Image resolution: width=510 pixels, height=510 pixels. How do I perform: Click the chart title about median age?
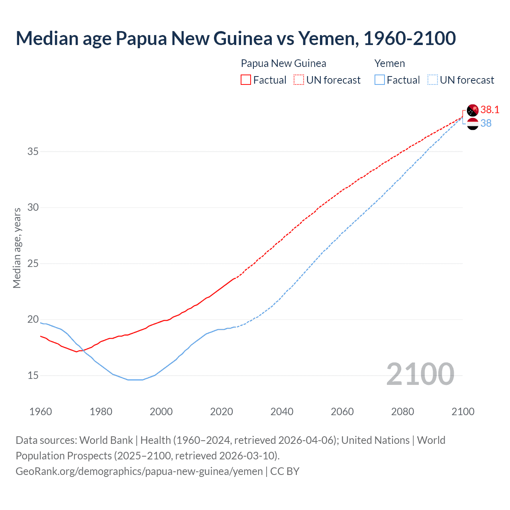click(235, 38)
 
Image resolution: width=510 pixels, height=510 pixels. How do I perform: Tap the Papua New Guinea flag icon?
click(473, 110)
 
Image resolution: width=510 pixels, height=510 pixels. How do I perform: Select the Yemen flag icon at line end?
click(473, 124)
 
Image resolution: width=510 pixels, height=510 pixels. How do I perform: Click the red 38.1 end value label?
click(490, 110)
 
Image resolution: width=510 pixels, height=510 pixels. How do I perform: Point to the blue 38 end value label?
click(486, 124)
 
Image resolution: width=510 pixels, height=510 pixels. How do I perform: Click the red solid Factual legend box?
click(246, 80)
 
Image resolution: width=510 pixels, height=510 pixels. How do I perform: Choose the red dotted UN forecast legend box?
click(299, 80)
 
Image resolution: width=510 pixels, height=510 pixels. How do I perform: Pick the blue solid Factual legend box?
click(380, 80)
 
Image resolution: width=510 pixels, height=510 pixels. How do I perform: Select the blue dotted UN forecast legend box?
click(432, 80)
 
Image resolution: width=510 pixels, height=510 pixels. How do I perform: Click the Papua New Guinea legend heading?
click(283, 63)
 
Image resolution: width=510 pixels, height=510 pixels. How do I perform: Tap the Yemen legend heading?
click(390, 63)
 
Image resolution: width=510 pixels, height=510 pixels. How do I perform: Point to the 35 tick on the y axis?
click(33, 151)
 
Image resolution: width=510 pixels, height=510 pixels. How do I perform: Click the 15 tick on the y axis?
click(33, 375)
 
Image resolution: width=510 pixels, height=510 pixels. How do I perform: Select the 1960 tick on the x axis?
click(41, 412)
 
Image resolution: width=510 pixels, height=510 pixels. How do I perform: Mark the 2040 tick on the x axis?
click(282, 412)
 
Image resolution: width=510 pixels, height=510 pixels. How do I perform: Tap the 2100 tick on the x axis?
click(463, 412)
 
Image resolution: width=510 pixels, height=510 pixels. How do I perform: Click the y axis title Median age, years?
click(17, 248)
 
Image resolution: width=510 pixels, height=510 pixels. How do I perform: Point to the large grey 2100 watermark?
click(420, 374)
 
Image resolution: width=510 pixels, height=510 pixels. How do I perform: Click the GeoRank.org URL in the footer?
click(139, 471)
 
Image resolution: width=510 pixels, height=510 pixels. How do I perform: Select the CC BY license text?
click(285, 471)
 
